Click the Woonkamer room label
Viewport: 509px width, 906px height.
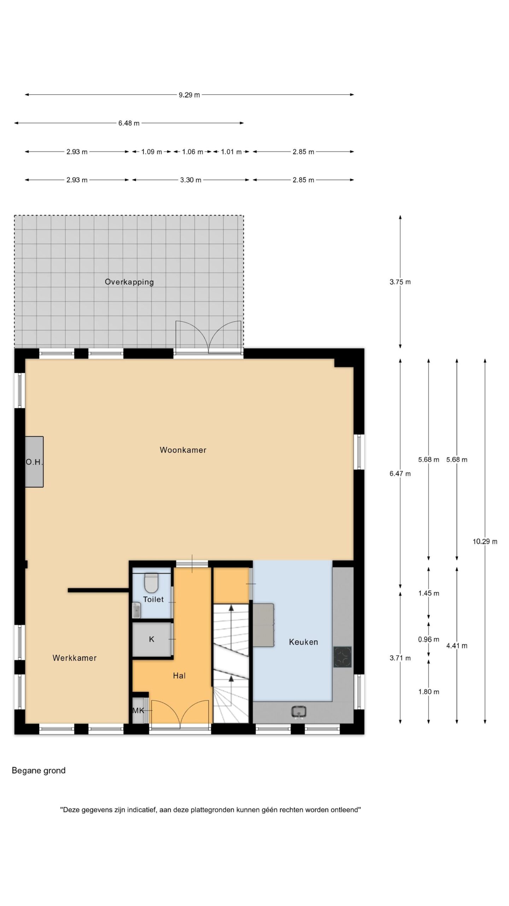[183, 450]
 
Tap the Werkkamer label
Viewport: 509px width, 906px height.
[75, 658]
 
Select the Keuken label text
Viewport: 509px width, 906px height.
[303, 642]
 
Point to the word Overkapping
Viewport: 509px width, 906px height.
[129, 282]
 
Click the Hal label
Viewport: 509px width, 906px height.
[179, 676]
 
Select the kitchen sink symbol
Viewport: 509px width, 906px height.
[299, 711]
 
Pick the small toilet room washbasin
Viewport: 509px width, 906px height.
[136, 610]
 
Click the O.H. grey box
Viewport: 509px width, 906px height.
[34, 462]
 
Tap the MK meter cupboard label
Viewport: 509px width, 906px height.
[138, 710]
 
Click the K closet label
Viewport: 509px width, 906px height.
[152, 639]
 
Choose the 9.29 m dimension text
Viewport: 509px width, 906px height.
[189, 95]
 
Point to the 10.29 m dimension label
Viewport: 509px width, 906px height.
[485, 541]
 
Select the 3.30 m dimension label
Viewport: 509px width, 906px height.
[191, 180]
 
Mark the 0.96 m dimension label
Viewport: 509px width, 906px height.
[428, 639]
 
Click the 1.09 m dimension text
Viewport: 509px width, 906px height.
[152, 152]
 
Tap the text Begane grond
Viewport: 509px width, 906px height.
[39, 770]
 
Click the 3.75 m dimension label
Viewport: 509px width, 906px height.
[400, 282]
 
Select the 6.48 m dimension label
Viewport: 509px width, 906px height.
[129, 123]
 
